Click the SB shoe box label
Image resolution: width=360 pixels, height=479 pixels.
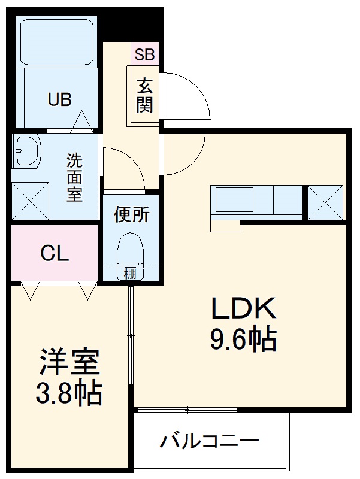144,54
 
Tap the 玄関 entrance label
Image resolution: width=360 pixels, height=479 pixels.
144,95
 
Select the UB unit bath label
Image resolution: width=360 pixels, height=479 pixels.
60,99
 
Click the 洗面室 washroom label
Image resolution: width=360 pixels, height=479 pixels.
74,178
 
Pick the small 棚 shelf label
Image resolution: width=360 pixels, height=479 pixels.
130,274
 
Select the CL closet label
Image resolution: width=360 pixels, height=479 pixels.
55,254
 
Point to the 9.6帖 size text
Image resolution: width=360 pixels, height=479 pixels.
242,340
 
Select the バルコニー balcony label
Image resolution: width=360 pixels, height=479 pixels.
209,442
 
